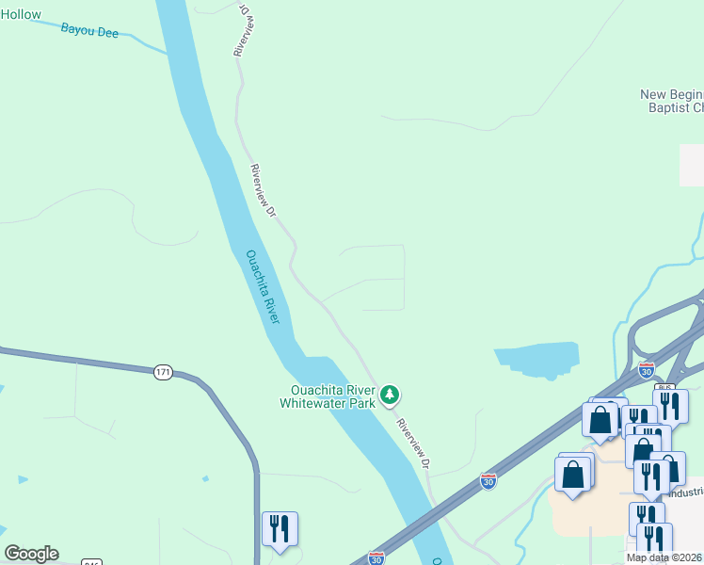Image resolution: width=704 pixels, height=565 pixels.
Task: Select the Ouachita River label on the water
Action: pos(263,286)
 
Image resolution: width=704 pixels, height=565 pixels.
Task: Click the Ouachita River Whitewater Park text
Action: pos(327,396)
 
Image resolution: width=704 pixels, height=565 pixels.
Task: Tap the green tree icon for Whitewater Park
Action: pos(390,395)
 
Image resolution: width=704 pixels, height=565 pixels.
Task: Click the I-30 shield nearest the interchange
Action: pos(646,370)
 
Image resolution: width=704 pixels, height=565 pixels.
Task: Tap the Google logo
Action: pos(31,554)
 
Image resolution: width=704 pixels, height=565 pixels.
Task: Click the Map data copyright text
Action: pos(664,557)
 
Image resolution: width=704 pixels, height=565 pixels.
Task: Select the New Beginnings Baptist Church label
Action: pos(671,101)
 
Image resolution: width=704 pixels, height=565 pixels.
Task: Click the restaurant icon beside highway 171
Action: pos(280,529)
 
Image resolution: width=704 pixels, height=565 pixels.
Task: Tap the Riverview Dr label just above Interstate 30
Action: pos(414,444)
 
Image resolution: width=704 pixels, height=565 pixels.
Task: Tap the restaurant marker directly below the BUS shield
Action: pos(670,405)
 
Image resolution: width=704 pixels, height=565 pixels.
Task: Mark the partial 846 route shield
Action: pos(91,562)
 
